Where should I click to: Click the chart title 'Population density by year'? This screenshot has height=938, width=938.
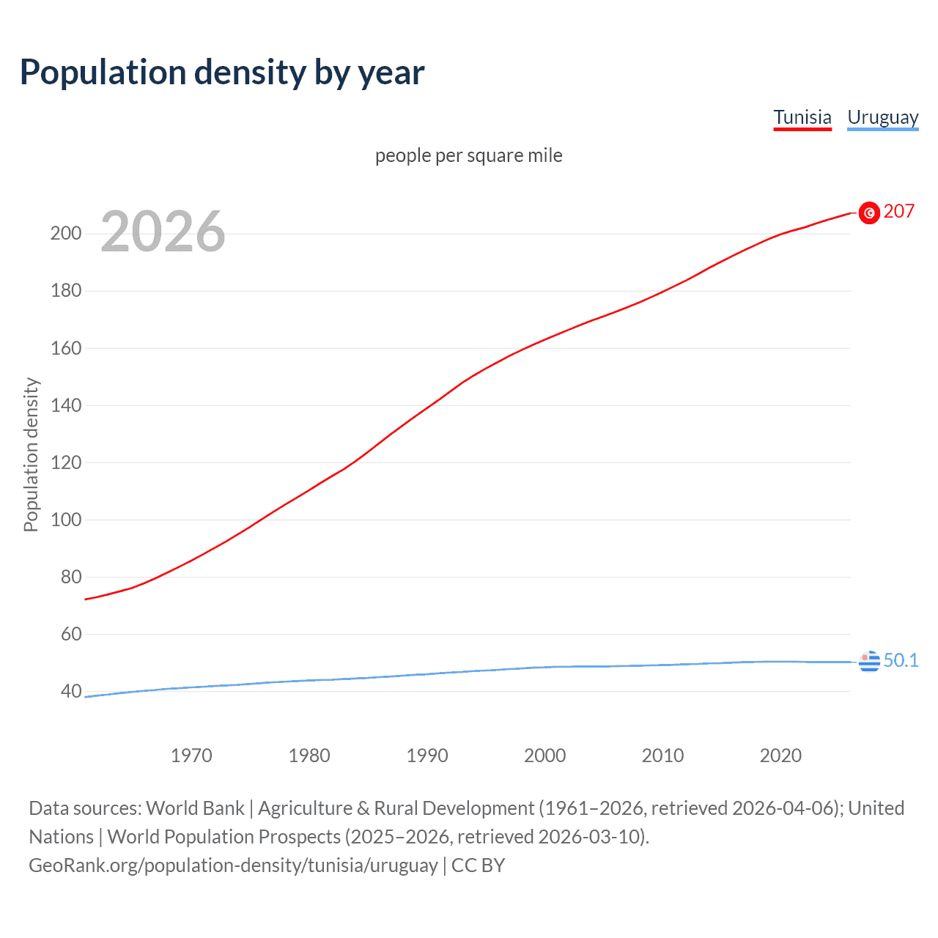click(x=222, y=73)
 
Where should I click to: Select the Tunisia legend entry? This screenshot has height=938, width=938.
click(x=802, y=117)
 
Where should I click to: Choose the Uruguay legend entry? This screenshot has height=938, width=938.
click(x=882, y=117)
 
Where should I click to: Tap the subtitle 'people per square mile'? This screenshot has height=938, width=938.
click(x=468, y=155)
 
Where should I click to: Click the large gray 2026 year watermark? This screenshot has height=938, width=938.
click(x=163, y=232)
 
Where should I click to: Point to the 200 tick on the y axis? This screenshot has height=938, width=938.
click(x=66, y=234)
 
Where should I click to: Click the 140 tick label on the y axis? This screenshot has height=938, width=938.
click(x=66, y=405)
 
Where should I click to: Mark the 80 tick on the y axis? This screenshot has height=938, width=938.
click(x=71, y=577)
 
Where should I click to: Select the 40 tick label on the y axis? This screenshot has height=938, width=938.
click(x=71, y=691)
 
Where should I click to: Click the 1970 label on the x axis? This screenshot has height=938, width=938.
click(x=191, y=756)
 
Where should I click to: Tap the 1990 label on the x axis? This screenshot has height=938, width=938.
click(x=427, y=756)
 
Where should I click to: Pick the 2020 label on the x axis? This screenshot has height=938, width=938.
click(x=780, y=756)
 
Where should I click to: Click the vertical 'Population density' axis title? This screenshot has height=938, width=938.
click(x=31, y=454)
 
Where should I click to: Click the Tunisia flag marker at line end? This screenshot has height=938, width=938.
click(x=869, y=213)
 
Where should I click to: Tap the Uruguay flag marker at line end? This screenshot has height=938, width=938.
click(x=869, y=661)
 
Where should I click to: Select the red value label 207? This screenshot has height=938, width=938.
click(x=898, y=212)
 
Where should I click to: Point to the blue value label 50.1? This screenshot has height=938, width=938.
click(x=901, y=660)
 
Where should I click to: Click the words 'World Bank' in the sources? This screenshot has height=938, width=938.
click(x=195, y=808)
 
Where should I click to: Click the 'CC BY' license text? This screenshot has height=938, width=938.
click(x=478, y=865)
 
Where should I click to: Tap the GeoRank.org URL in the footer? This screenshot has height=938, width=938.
click(x=233, y=865)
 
